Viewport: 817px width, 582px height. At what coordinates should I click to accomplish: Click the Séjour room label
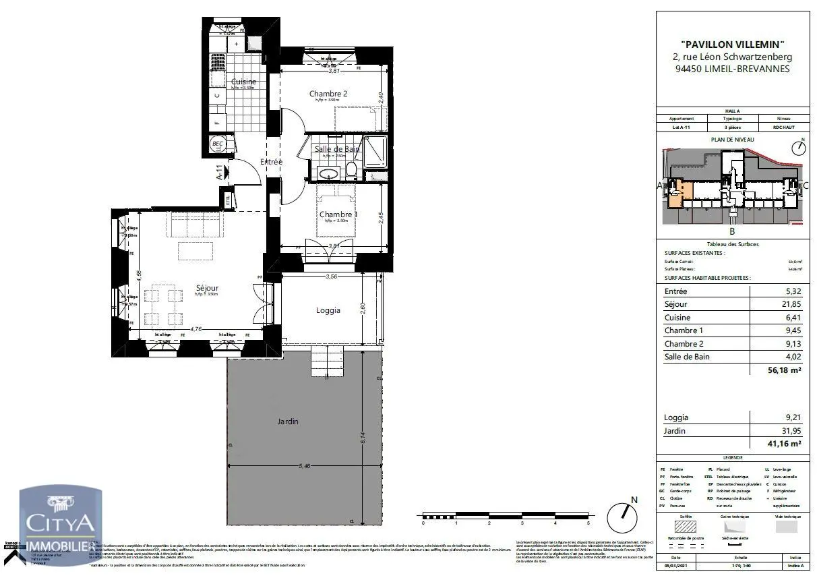pyautogui.click(x=206, y=287)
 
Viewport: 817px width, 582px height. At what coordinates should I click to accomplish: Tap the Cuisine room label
pyautogui.click(x=243, y=82)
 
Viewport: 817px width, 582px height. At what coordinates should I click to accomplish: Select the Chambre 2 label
pyautogui.click(x=328, y=94)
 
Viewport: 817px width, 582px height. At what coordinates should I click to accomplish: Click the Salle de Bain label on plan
pyautogui.click(x=336, y=148)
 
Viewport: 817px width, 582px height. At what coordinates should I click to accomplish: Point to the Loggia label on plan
pyautogui.click(x=328, y=310)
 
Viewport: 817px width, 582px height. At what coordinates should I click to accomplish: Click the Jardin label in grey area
pyautogui.click(x=288, y=421)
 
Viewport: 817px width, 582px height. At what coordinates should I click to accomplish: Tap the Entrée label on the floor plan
pyautogui.click(x=271, y=162)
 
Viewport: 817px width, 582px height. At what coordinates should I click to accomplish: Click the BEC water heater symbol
pyautogui.click(x=218, y=144)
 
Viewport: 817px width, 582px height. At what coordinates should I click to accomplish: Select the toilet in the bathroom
pyautogui.click(x=351, y=170)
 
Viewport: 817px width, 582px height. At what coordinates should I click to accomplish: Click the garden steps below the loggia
pyautogui.click(x=327, y=362)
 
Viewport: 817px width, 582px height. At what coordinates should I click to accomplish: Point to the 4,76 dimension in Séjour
pyautogui.click(x=196, y=330)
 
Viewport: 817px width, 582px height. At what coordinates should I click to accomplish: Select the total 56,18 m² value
pyautogui.click(x=781, y=370)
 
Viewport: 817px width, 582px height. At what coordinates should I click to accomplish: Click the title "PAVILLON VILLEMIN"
pyautogui.click(x=731, y=45)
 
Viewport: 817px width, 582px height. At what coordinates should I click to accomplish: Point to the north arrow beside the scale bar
pyautogui.click(x=626, y=517)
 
